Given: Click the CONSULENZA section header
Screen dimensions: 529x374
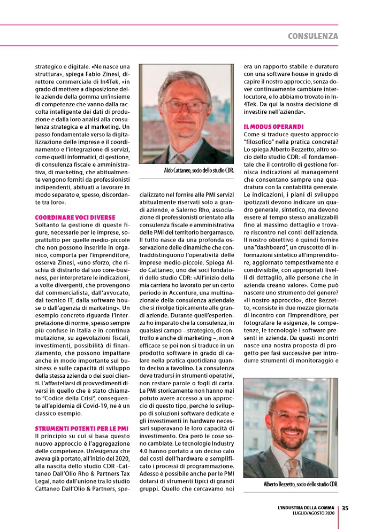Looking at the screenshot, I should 312,36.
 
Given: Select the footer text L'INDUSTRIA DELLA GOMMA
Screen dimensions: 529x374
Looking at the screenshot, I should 306,508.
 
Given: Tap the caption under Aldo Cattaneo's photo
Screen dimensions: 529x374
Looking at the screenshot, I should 199,170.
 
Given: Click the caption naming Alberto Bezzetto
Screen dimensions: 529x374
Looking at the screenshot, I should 301,484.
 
